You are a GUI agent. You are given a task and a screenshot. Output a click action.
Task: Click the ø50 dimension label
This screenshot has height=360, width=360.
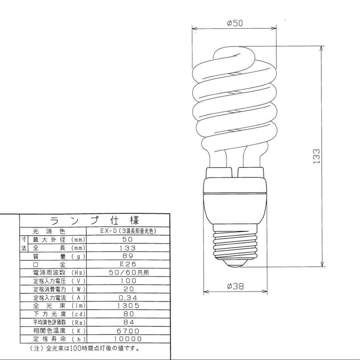click(235, 23)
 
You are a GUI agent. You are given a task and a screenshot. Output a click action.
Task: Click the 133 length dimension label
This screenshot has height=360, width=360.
click(317, 156)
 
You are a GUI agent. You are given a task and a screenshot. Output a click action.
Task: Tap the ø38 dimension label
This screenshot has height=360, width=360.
click(235, 286)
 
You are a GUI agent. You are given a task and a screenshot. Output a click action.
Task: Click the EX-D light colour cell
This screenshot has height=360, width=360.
click(128, 231)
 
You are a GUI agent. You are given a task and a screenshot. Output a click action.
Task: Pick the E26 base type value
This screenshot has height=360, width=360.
click(128, 264)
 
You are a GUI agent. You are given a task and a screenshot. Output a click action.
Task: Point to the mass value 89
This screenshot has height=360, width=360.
click(128, 256)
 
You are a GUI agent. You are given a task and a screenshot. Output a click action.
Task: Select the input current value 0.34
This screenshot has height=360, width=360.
click(128, 298)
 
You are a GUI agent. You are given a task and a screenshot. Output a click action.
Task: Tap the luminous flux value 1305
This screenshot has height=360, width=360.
click(128, 306)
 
